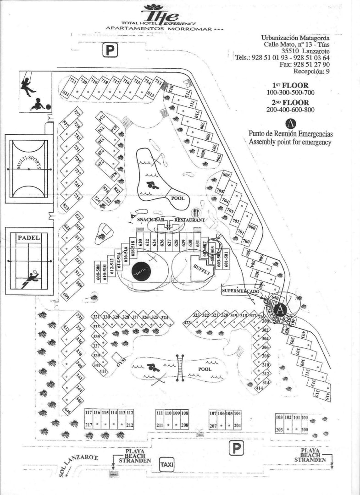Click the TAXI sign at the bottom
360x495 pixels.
[166, 465]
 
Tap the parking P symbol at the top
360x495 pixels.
[110, 49]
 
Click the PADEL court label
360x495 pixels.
[28, 238]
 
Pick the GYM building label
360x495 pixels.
[121, 361]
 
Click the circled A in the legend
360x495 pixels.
[290, 124]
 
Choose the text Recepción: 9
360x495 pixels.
[311, 71]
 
